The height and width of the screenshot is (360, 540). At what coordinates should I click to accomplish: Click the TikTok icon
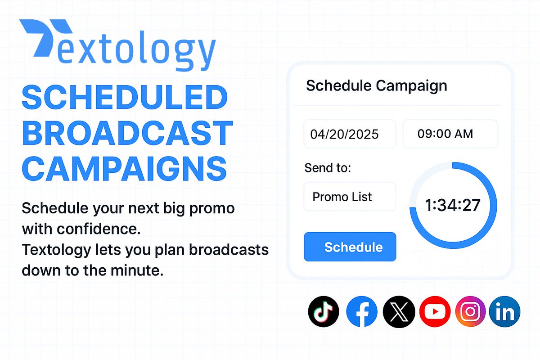[324, 311]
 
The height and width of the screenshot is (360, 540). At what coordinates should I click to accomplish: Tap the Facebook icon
[362, 311]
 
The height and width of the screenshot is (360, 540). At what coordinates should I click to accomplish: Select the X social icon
[398, 311]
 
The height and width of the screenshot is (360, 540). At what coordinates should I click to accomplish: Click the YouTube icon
[435, 311]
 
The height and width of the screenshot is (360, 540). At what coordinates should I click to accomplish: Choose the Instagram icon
[470, 311]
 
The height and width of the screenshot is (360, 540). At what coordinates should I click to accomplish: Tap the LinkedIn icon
[505, 311]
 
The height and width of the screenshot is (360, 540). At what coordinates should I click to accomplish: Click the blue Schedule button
[350, 247]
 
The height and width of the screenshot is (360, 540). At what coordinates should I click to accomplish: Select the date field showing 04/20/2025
[350, 134]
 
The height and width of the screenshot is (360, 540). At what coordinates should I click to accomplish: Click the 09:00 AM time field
[450, 134]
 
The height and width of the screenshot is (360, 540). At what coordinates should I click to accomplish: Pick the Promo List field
[350, 197]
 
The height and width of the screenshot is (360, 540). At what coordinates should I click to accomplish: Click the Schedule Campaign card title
[376, 85]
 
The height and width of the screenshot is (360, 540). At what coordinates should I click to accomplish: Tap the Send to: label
[327, 168]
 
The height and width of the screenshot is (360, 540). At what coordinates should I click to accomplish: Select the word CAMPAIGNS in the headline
[124, 167]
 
